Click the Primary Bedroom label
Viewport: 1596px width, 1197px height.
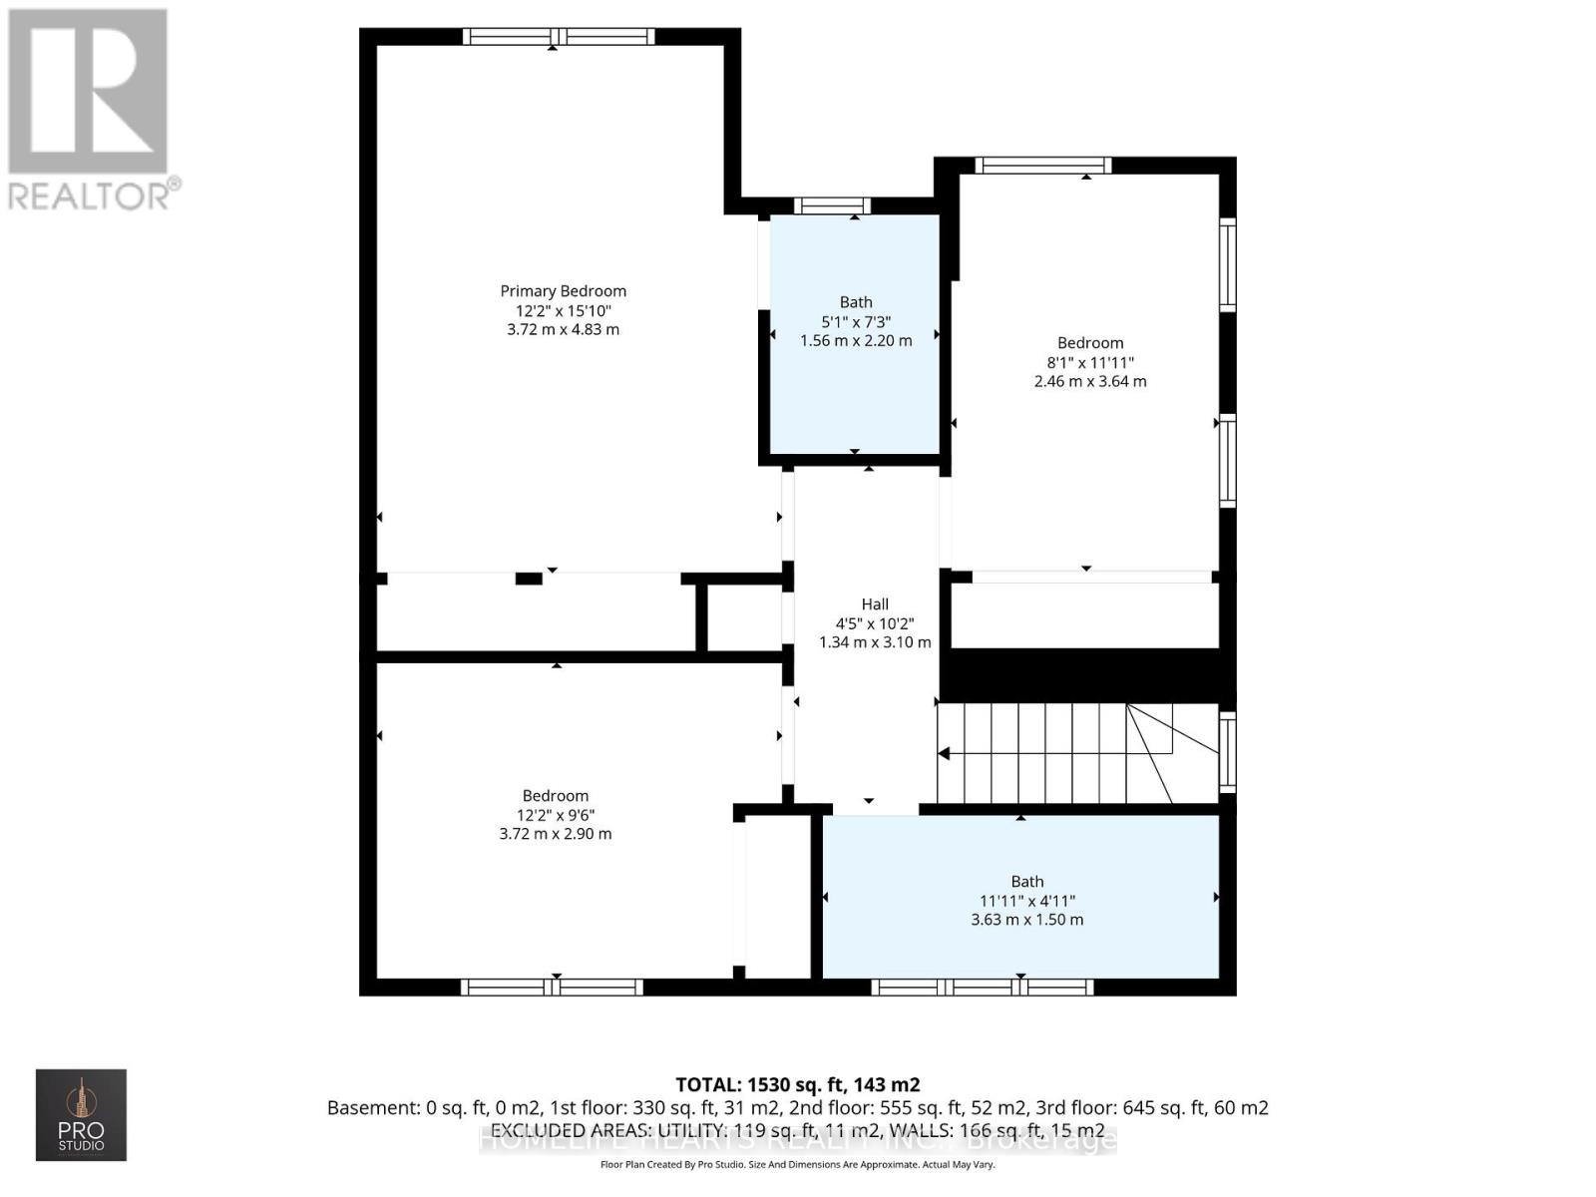click(x=563, y=291)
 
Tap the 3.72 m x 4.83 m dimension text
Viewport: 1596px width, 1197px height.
click(x=563, y=329)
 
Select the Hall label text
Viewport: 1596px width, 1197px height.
click(x=875, y=604)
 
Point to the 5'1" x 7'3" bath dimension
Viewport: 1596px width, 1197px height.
click(x=855, y=321)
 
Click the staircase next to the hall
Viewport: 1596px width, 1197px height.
click(x=1057, y=753)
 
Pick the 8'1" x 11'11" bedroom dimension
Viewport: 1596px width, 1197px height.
click(x=1089, y=362)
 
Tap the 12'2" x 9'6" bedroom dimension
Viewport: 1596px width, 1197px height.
click(x=556, y=815)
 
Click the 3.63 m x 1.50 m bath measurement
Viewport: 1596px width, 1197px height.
click(x=1026, y=920)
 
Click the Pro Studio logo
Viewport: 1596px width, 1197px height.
click(x=81, y=1115)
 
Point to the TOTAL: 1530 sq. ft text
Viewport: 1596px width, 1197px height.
click(x=797, y=1084)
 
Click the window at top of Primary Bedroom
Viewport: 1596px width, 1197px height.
click(x=559, y=37)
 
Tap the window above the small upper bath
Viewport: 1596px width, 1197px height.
click(x=832, y=205)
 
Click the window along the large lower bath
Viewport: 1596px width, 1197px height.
click(x=983, y=988)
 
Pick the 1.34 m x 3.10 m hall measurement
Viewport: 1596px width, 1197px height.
click(x=875, y=642)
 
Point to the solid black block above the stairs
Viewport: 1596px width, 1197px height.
click(x=1082, y=674)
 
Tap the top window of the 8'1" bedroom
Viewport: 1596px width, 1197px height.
click(x=1042, y=166)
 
